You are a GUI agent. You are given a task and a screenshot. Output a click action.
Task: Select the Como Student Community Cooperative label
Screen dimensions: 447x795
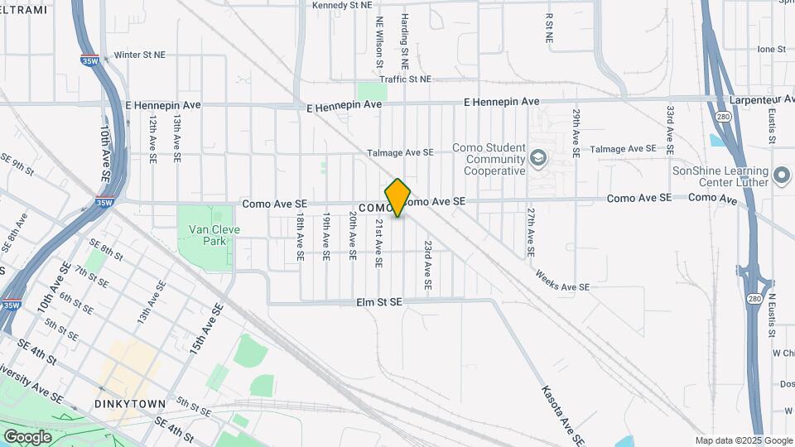(489, 159)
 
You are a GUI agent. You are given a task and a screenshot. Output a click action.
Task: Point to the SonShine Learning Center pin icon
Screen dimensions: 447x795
(781, 175)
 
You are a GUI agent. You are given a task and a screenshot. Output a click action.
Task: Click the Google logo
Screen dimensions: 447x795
(27, 437)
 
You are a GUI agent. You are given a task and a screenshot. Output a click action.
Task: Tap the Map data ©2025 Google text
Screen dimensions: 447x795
(744, 440)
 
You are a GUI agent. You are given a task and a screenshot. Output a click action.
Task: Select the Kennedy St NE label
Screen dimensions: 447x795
(342, 5)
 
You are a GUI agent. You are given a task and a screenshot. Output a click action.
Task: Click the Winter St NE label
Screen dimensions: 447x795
(140, 55)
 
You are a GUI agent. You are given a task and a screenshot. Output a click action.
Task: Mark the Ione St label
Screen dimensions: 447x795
(770, 50)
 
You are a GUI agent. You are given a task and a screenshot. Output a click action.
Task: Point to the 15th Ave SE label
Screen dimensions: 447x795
(206, 330)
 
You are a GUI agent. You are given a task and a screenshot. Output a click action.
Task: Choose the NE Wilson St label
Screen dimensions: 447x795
(379, 41)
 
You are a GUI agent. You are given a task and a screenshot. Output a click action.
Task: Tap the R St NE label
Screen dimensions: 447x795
(548, 27)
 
